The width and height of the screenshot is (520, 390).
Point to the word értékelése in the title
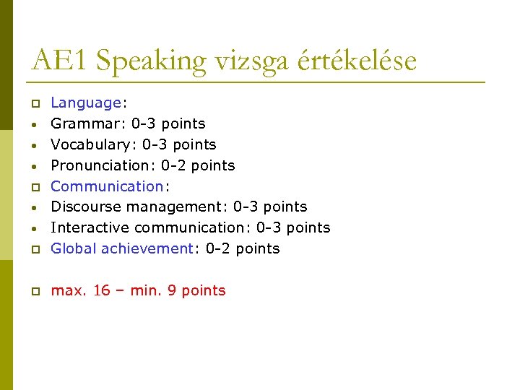pyautogui.click(x=355, y=61)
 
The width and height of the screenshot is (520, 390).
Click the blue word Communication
pyautogui.click(x=107, y=186)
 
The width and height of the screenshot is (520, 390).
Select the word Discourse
pyautogui.click(x=82, y=207)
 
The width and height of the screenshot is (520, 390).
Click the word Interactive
pyautogui.click(x=90, y=227)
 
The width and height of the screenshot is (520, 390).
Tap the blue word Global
pyautogui.click(x=74, y=248)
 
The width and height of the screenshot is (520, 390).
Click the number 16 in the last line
pyautogui.click(x=102, y=290)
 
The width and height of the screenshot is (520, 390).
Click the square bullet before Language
pyautogui.click(x=33, y=104)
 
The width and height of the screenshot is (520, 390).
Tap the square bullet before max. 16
pyautogui.click(x=33, y=291)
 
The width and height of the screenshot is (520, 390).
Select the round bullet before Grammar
pyautogui.click(x=33, y=124)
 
